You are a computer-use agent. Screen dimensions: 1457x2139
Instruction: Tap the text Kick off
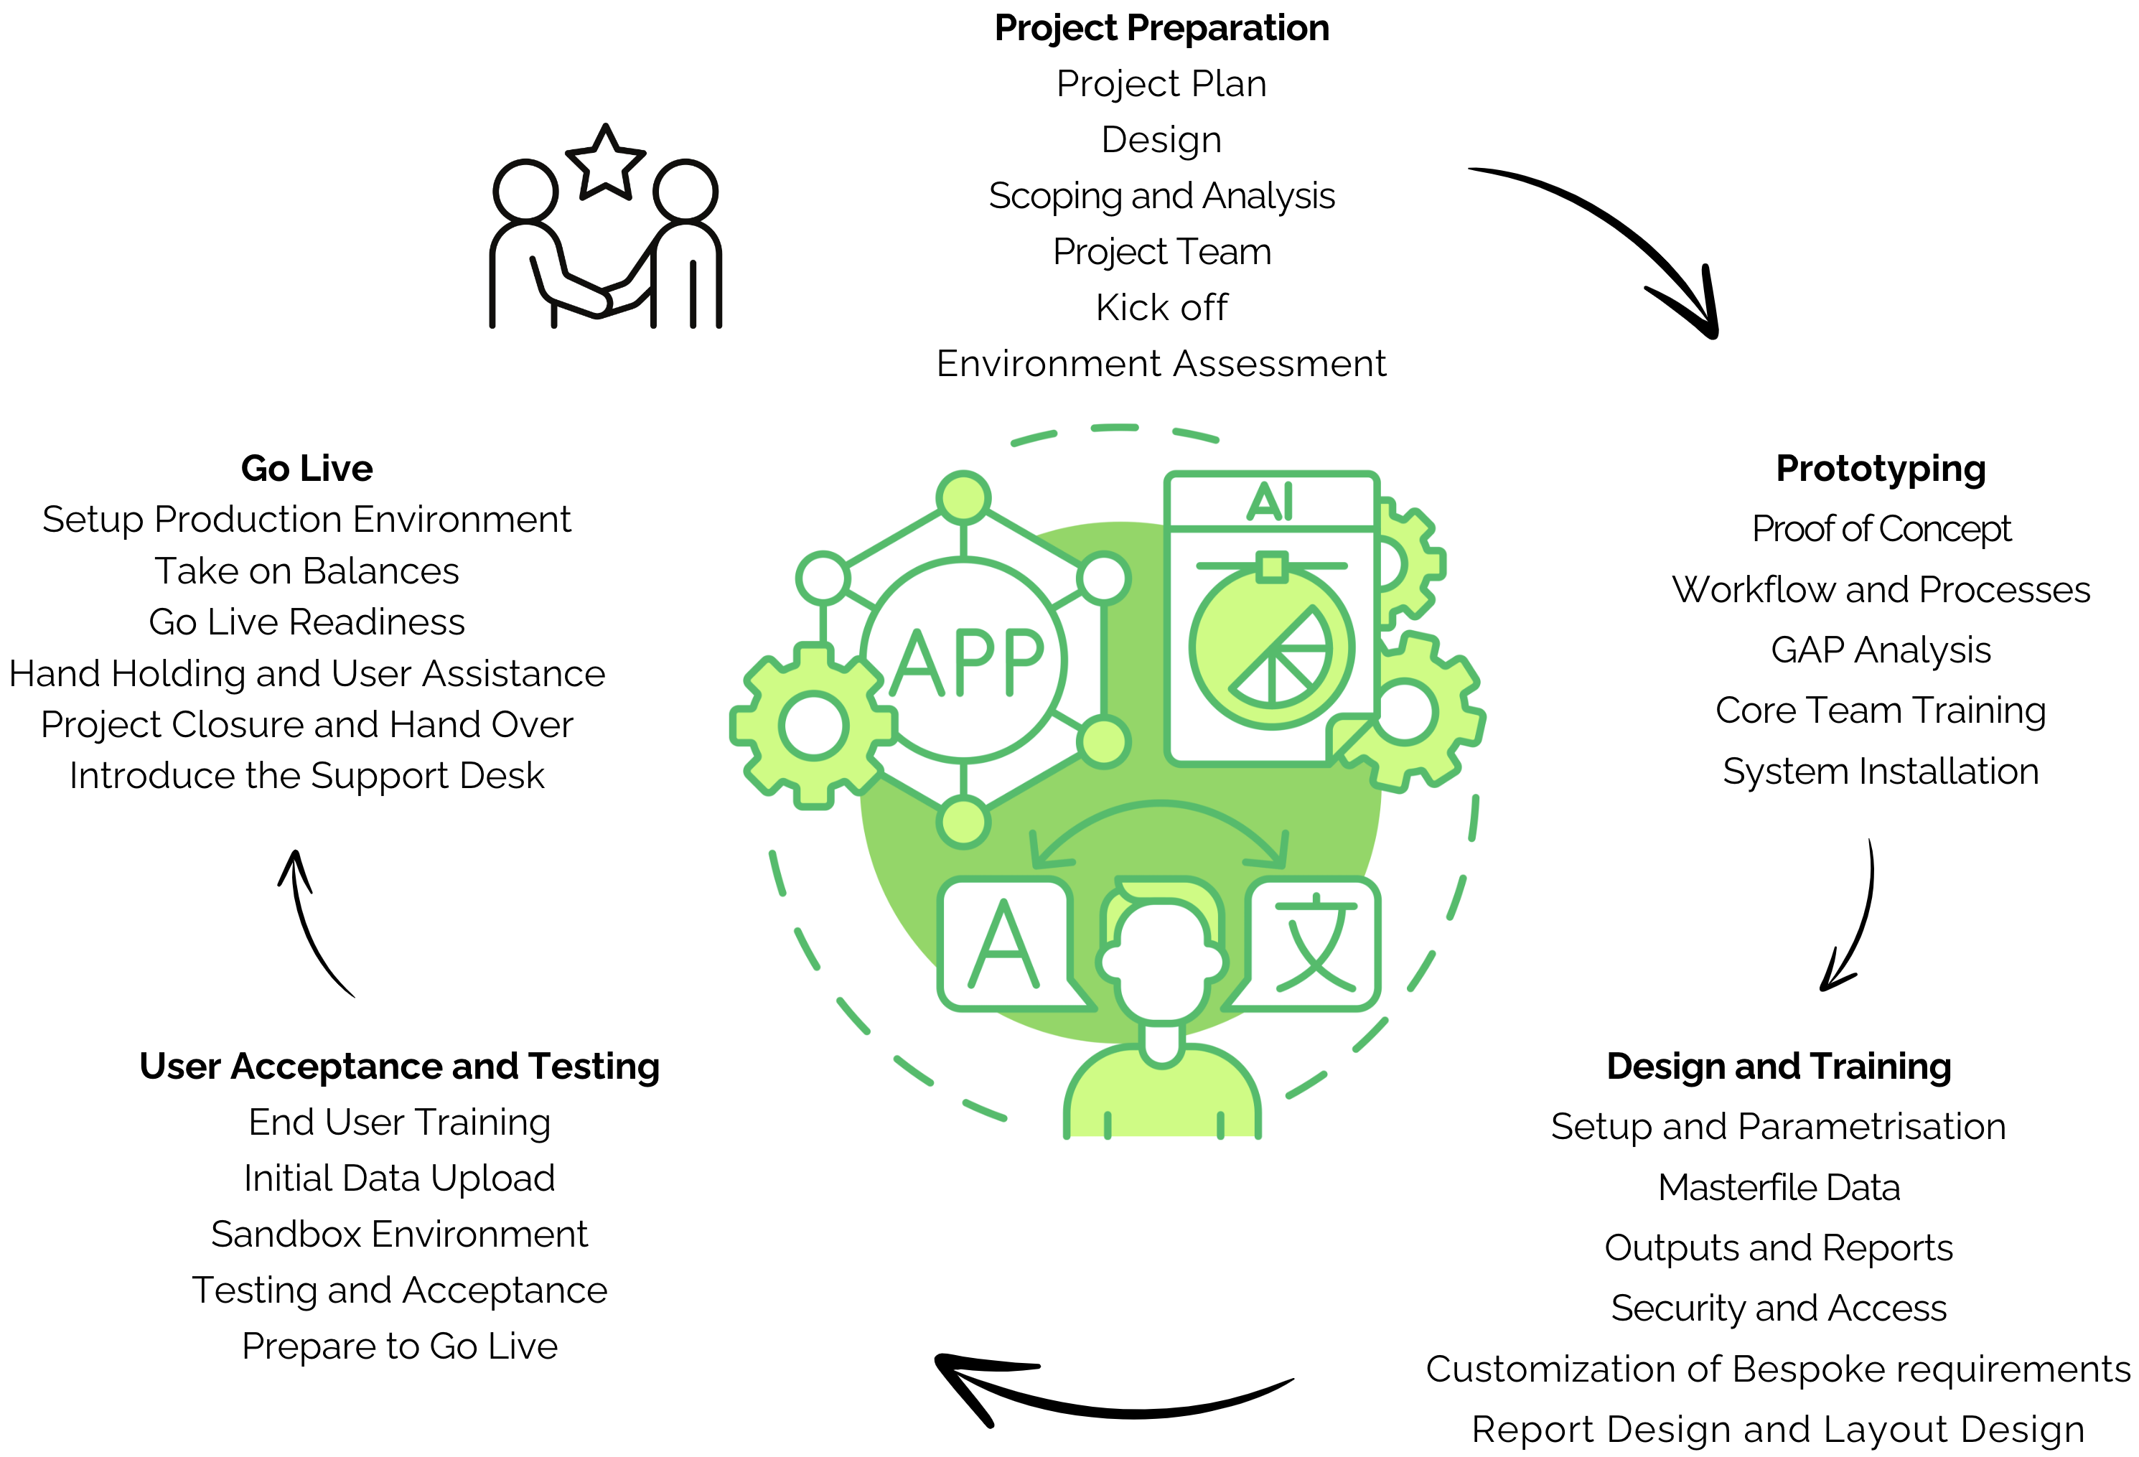(1161, 307)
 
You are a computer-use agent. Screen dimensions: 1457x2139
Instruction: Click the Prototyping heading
(1881, 469)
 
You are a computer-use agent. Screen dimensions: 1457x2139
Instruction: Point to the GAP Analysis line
(1881, 650)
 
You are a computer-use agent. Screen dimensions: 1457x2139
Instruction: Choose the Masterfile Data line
(1778, 1187)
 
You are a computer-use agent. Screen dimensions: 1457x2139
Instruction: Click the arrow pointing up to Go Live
(309, 920)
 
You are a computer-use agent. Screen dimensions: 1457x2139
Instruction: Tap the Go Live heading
(306, 469)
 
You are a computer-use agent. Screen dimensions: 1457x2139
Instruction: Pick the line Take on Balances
(306, 571)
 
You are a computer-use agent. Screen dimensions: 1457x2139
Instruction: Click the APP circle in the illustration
(964, 661)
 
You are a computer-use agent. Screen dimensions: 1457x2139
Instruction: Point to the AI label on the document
(1270, 502)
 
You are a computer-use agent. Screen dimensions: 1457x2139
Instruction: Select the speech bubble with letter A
(1005, 943)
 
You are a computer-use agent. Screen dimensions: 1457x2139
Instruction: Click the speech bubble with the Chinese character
(1314, 943)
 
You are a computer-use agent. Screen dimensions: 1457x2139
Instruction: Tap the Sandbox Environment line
(398, 1235)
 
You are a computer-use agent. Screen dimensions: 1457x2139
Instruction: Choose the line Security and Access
(1778, 1308)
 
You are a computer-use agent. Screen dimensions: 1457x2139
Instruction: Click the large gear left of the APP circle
(814, 726)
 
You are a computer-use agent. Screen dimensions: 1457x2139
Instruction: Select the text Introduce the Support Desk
(306, 776)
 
